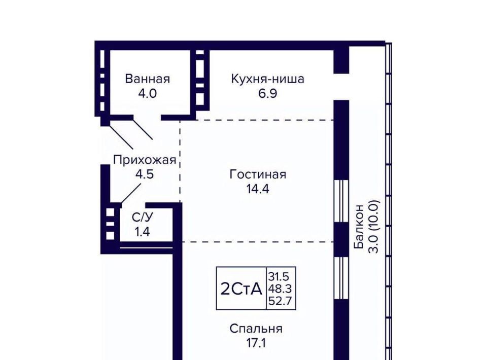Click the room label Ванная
coord(148,79)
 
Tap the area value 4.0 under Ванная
coord(148,93)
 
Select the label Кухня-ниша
coord(268,79)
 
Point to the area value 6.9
coord(268,93)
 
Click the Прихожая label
coord(145,160)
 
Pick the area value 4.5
coord(145,174)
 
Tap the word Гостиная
coord(258,174)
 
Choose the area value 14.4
coord(258,189)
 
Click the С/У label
coord(143,217)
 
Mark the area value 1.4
coord(143,232)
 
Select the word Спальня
coord(256,329)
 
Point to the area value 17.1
coord(256,343)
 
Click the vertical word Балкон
coord(359,226)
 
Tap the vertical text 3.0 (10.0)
coord(374,227)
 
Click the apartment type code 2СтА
coord(241,289)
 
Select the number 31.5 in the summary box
coord(279,276)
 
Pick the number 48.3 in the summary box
coord(280,289)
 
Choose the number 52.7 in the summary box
coord(280,301)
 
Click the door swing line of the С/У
coord(131,194)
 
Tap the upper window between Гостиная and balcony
coord(341,201)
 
